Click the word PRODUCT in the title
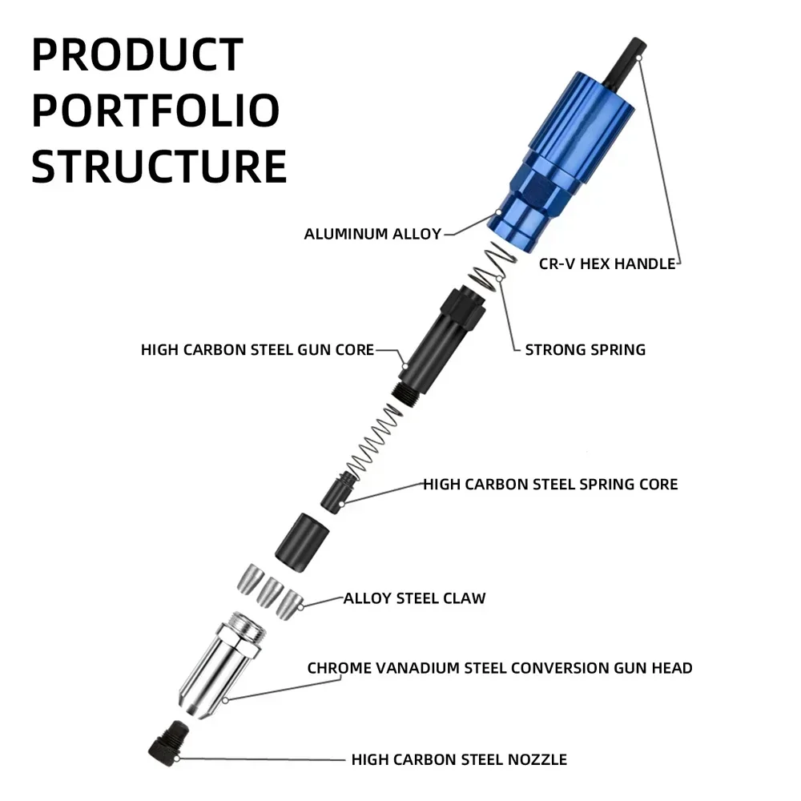pos(137,55)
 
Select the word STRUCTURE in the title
pos(159,165)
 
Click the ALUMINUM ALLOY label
pos(372,234)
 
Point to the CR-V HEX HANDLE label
pos(607,264)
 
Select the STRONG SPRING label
pos(585,349)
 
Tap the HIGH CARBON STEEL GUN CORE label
pos(257,350)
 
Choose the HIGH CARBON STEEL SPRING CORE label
pos(550,484)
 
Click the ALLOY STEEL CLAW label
pos(414,598)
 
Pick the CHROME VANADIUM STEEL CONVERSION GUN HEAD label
pos(500,667)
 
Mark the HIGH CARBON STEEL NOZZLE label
pos(459,759)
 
